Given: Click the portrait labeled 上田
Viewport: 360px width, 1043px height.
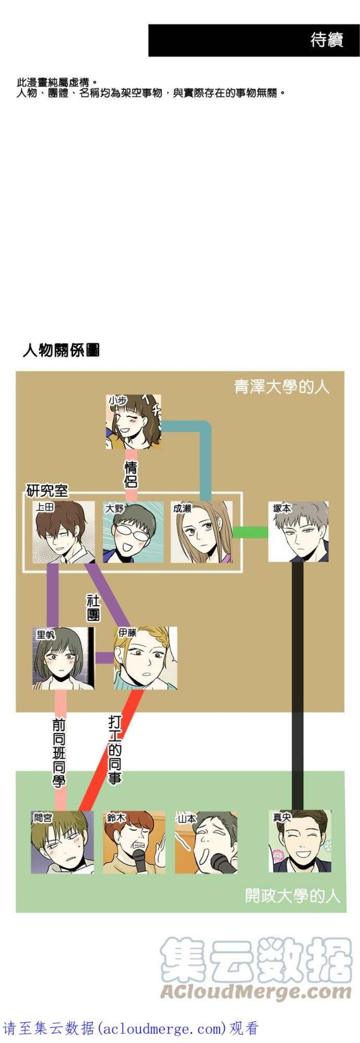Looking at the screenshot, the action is (64, 532).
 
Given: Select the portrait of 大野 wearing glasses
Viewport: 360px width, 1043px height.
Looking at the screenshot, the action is (133, 532).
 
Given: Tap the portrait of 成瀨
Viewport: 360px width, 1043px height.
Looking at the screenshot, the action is (202, 532).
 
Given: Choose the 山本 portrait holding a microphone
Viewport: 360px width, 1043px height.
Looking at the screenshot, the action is (206, 842).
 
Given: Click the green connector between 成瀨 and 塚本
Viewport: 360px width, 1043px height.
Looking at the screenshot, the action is (251, 532).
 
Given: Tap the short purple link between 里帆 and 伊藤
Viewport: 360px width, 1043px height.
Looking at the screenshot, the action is (104, 658).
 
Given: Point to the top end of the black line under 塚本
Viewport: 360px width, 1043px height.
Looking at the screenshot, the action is (298, 563).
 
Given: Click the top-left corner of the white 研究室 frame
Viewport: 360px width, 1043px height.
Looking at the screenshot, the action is (23, 493).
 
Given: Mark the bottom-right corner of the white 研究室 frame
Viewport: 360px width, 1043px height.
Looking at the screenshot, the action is (242, 572).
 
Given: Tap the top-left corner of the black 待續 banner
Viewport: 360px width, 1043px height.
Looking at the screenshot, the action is (149, 24).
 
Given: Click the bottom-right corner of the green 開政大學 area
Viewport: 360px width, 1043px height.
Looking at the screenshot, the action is (346, 912).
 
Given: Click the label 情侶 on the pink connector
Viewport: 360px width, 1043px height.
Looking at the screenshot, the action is (131, 474).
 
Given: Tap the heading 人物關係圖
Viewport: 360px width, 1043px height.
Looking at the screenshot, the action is (61, 350).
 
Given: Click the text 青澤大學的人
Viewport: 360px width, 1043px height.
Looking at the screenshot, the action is (282, 386).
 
